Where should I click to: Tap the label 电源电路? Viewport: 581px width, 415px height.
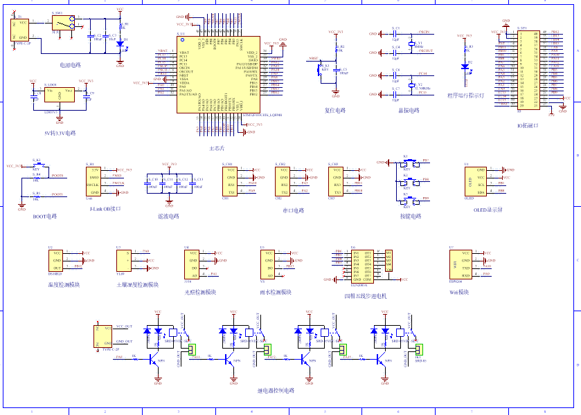(70, 65)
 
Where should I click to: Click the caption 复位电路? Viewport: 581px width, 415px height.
(334, 110)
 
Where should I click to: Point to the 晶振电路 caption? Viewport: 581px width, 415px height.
(408, 110)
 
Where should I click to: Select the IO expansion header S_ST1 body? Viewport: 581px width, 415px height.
(528, 69)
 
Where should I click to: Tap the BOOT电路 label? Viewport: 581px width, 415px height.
(45, 216)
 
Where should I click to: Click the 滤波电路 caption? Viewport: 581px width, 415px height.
(168, 216)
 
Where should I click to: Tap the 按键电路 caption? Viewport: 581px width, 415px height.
(410, 216)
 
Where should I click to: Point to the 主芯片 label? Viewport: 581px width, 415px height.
(216, 148)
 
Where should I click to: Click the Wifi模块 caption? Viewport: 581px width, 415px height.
(463, 291)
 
